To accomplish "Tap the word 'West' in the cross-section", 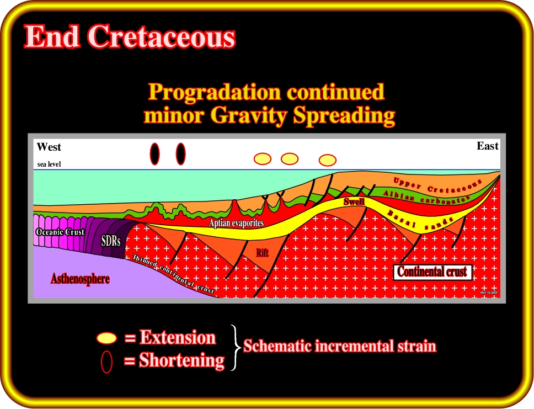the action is pyautogui.click(x=49, y=147).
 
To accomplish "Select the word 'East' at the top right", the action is pyautogui.click(x=487, y=146).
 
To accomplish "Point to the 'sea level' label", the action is pyautogui.click(x=49, y=164).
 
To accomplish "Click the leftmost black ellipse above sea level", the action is pyautogui.click(x=154, y=154).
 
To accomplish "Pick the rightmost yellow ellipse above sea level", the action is pyautogui.click(x=328, y=160).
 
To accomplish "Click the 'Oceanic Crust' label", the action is pyautogui.click(x=60, y=232).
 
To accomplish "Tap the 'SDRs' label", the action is pyautogui.click(x=111, y=241).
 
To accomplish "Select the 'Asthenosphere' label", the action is pyautogui.click(x=81, y=279).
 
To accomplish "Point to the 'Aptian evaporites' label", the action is pyautogui.click(x=236, y=223).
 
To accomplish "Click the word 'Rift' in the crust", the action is pyautogui.click(x=262, y=253).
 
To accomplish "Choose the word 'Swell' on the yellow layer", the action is pyautogui.click(x=354, y=201).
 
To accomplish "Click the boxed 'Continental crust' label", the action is pyautogui.click(x=432, y=272).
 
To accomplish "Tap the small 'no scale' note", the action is pyautogui.click(x=489, y=292).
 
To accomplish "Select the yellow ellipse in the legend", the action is pyautogui.click(x=106, y=338).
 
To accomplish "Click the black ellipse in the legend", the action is pyautogui.click(x=106, y=362).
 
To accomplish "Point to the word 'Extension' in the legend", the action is pyautogui.click(x=178, y=337).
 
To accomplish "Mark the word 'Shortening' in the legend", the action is pyautogui.click(x=181, y=360).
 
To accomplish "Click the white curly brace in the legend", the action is pyautogui.click(x=235, y=347).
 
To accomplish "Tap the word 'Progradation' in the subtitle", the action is pyautogui.click(x=216, y=92).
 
